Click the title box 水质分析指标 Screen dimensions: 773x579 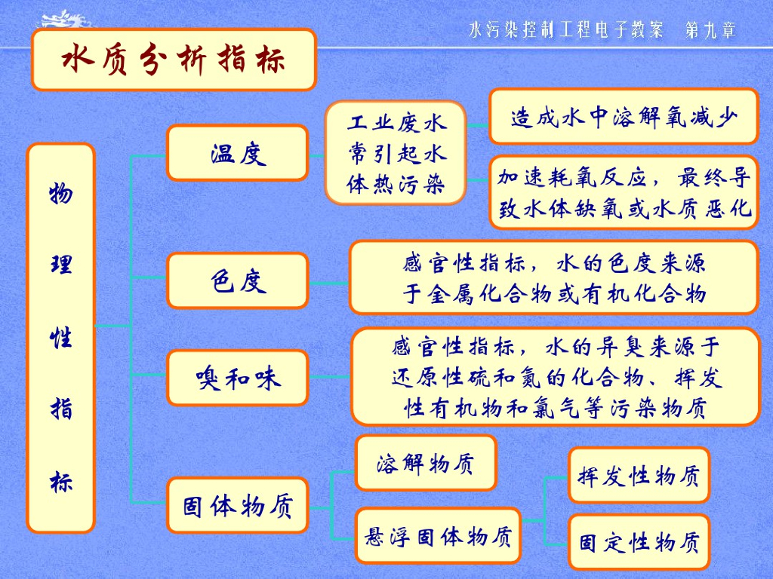(x=173, y=60)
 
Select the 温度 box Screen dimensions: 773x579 (x=238, y=153)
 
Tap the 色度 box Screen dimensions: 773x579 (x=238, y=280)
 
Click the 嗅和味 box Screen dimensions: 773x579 (x=238, y=377)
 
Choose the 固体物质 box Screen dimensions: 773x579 (x=238, y=505)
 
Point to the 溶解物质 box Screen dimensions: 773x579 (x=426, y=463)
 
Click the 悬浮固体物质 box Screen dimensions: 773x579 (x=438, y=536)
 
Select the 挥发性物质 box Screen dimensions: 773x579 (x=639, y=475)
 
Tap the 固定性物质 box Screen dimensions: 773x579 (x=639, y=541)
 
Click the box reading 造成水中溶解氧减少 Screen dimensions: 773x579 (x=624, y=116)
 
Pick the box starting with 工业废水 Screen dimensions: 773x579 (x=396, y=153)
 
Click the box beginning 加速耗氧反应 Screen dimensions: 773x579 (x=624, y=192)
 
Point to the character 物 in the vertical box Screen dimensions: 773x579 (x=61, y=194)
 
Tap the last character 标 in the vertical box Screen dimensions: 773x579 (x=61, y=482)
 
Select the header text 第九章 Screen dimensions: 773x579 (x=710, y=30)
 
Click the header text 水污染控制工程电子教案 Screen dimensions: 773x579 (x=565, y=30)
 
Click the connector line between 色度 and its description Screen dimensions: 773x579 (x=329, y=283)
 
